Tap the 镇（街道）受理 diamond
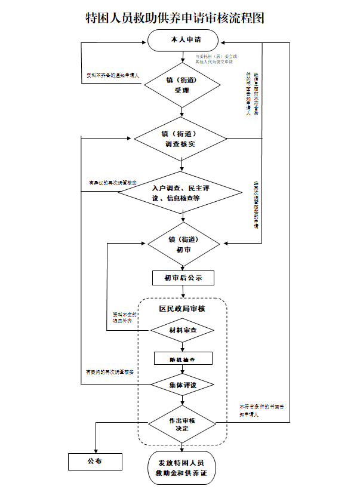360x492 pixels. click(x=182, y=85)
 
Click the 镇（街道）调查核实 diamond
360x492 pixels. click(x=180, y=139)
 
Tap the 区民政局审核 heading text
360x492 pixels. click(x=181, y=309)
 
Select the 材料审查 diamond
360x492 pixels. click(x=182, y=330)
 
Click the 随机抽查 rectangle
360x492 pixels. click(x=182, y=358)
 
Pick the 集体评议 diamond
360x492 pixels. click(x=182, y=385)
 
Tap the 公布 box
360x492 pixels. click(x=94, y=462)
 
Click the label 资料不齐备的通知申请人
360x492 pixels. click(x=113, y=76)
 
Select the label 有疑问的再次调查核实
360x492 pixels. click(x=110, y=373)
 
